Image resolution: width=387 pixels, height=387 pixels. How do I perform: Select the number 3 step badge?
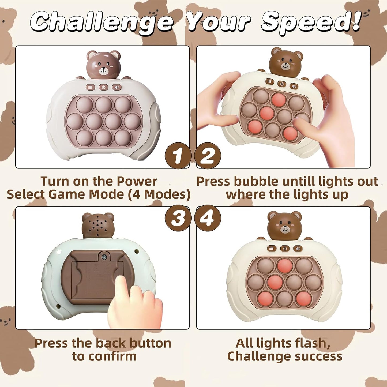pyautogui.click(x=178, y=218)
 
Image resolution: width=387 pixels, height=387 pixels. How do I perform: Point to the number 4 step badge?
pyautogui.click(x=208, y=218)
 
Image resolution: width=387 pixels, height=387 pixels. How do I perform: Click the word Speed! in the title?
pyautogui.click(x=311, y=22)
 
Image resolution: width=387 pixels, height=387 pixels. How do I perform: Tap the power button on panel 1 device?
pyautogui.click(x=104, y=87)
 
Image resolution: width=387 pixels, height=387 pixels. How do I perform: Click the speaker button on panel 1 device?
pyautogui.click(x=117, y=87)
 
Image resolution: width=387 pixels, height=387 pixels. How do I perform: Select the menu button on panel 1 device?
pyautogui.click(x=91, y=87)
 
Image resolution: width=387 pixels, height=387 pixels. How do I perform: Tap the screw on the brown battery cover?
pyautogui.click(x=104, y=257)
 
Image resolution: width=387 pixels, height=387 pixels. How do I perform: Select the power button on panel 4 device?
pyautogui.click(x=285, y=249)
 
